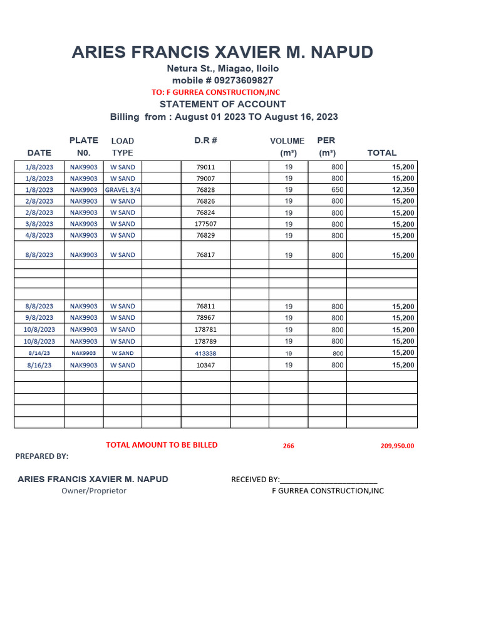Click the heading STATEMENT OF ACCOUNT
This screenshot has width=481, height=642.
pyautogui.click(x=222, y=104)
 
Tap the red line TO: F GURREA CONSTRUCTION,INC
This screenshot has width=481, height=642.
pyautogui.click(x=215, y=92)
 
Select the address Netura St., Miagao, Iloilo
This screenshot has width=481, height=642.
pyautogui.click(x=222, y=68)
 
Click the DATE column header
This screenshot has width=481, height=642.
pyautogui.click(x=39, y=153)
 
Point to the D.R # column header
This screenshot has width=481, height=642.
pyautogui.click(x=205, y=140)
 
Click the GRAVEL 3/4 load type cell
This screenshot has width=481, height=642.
pyautogui.click(x=123, y=190)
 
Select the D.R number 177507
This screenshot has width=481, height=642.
pyautogui.click(x=205, y=224)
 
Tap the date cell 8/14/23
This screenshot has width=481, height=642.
pyautogui.click(x=39, y=353)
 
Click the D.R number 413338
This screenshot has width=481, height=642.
pyautogui.click(x=205, y=353)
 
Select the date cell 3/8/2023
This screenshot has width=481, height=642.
pyautogui.click(x=39, y=224)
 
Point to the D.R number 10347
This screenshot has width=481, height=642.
pyautogui.click(x=205, y=365)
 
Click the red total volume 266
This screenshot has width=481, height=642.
pyautogui.click(x=288, y=446)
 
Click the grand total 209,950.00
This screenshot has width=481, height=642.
pyautogui.click(x=397, y=446)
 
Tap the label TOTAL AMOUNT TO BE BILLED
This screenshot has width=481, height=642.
pyautogui.click(x=162, y=445)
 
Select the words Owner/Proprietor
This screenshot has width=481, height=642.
pyautogui.click(x=94, y=491)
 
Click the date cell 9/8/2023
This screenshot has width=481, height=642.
pyautogui.click(x=39, y=318)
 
